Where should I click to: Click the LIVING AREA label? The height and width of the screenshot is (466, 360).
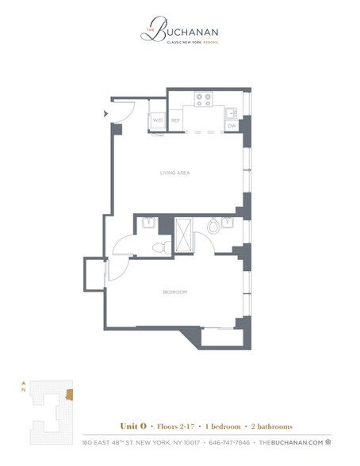click(176, 172)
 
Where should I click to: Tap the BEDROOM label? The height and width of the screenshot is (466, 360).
click(175, 292)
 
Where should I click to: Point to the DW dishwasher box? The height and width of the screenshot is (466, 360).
click(232, 125)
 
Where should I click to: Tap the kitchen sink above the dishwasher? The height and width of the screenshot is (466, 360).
click(232, 112)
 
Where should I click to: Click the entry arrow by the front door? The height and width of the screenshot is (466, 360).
click(105, 113)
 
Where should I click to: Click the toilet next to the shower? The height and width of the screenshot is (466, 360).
click(213, 227)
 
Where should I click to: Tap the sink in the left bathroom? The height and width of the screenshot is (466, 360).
click(146, 223)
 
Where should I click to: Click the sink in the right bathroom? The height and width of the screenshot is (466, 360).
click(228, 223)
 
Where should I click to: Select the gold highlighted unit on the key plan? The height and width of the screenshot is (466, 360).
click(70, 395)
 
